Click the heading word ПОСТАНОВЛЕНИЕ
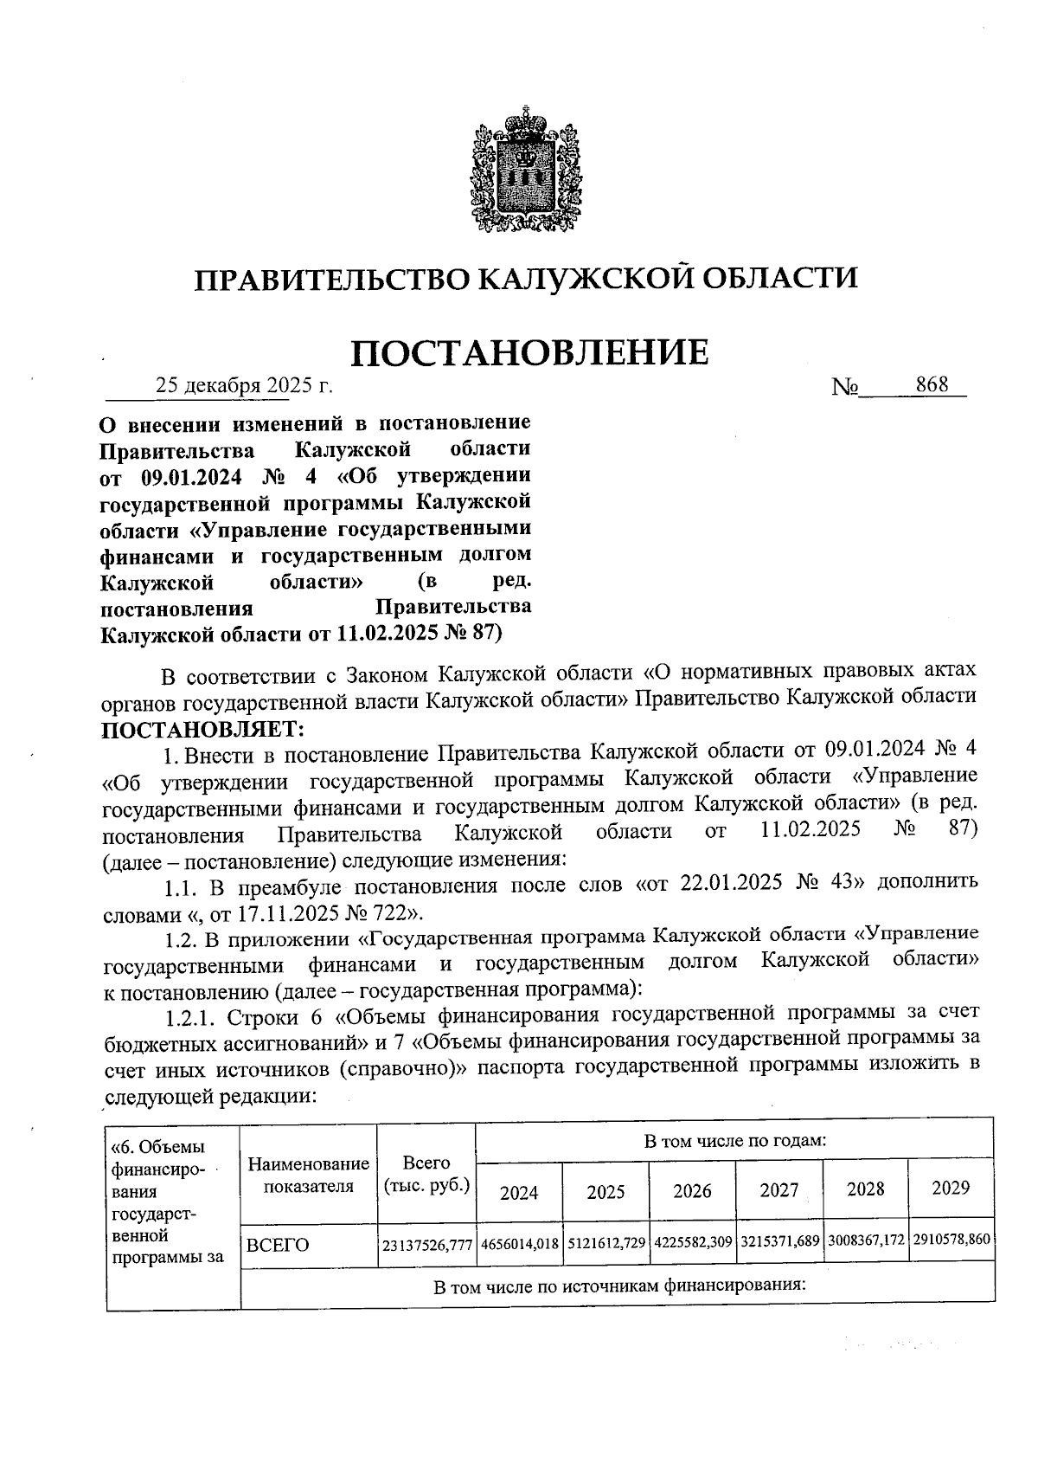click(x=529, y=352)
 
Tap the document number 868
click(x=932, y=384)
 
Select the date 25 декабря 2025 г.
click(x=243, y=385)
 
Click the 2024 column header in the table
click(x=519, y=1192)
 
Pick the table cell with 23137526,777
click(x=427, y=1245)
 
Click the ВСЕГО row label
click(x=278, y=1245)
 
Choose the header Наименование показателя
click(x=308, y=1175)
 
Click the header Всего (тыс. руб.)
click(x=426, y=1174)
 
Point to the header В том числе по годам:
click(x=734, y=1140)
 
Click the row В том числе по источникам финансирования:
click(x=618, y=1285)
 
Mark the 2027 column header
click(x=778, y=1190)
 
